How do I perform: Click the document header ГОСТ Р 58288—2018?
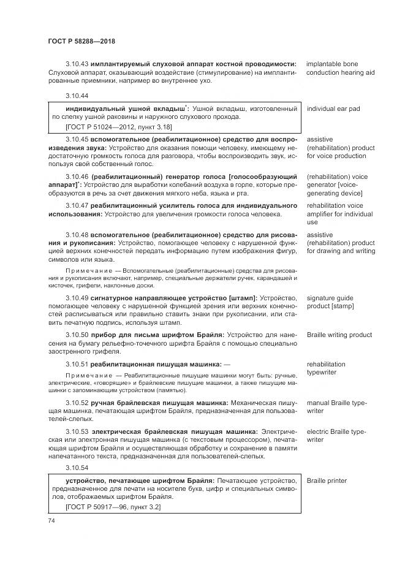81,42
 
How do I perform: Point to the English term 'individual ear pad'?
333,109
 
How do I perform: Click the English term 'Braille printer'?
327,480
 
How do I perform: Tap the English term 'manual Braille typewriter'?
336,407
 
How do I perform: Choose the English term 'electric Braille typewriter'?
336,436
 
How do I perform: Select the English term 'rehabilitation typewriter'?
327,368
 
